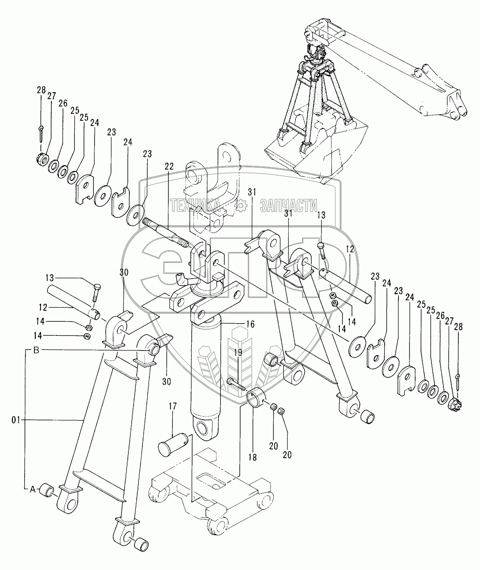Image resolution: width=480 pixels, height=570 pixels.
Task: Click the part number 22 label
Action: pos(169,167)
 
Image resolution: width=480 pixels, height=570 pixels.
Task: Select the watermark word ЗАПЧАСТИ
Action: pos(289,205)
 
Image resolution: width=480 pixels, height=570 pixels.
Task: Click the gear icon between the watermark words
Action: pos(241,205)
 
